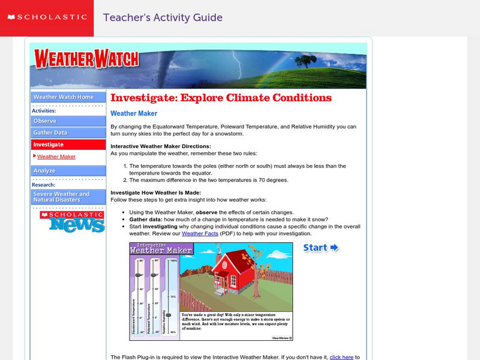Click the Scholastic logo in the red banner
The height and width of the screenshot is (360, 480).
46,17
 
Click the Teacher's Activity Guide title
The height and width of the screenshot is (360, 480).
163,18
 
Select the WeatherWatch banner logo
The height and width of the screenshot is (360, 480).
86,58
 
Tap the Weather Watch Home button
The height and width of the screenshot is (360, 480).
68,97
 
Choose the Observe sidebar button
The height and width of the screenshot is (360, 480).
68,121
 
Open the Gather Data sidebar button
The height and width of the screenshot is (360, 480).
68,133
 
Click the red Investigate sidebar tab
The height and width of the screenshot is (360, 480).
68,145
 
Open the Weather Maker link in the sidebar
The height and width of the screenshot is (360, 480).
56,157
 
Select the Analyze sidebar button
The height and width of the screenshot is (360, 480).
68,171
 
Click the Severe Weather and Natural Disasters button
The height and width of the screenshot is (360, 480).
68,197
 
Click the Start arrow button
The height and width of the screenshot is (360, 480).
320,248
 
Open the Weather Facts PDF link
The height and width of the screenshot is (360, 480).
200,233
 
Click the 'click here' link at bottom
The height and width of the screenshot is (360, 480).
341,357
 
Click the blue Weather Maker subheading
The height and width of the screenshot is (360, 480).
134,113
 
